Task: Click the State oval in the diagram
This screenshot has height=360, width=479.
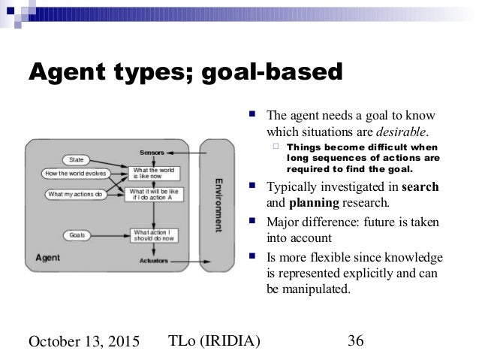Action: [x=76, y=159]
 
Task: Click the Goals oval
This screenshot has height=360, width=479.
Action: [x=75, y=235]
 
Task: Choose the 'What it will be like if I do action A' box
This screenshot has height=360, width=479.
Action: [x=155, y=195]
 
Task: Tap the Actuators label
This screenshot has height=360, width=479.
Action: [x=152, y=260]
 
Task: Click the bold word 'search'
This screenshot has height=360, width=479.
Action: [x=420, y=186]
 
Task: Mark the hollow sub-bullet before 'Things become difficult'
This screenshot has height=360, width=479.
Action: [x=277, y=147]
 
